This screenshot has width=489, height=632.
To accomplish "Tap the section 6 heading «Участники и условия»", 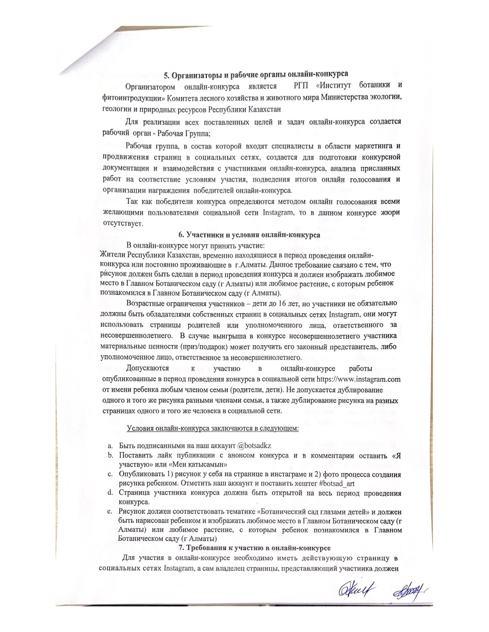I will pyautogui.click(x=249, y=235).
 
